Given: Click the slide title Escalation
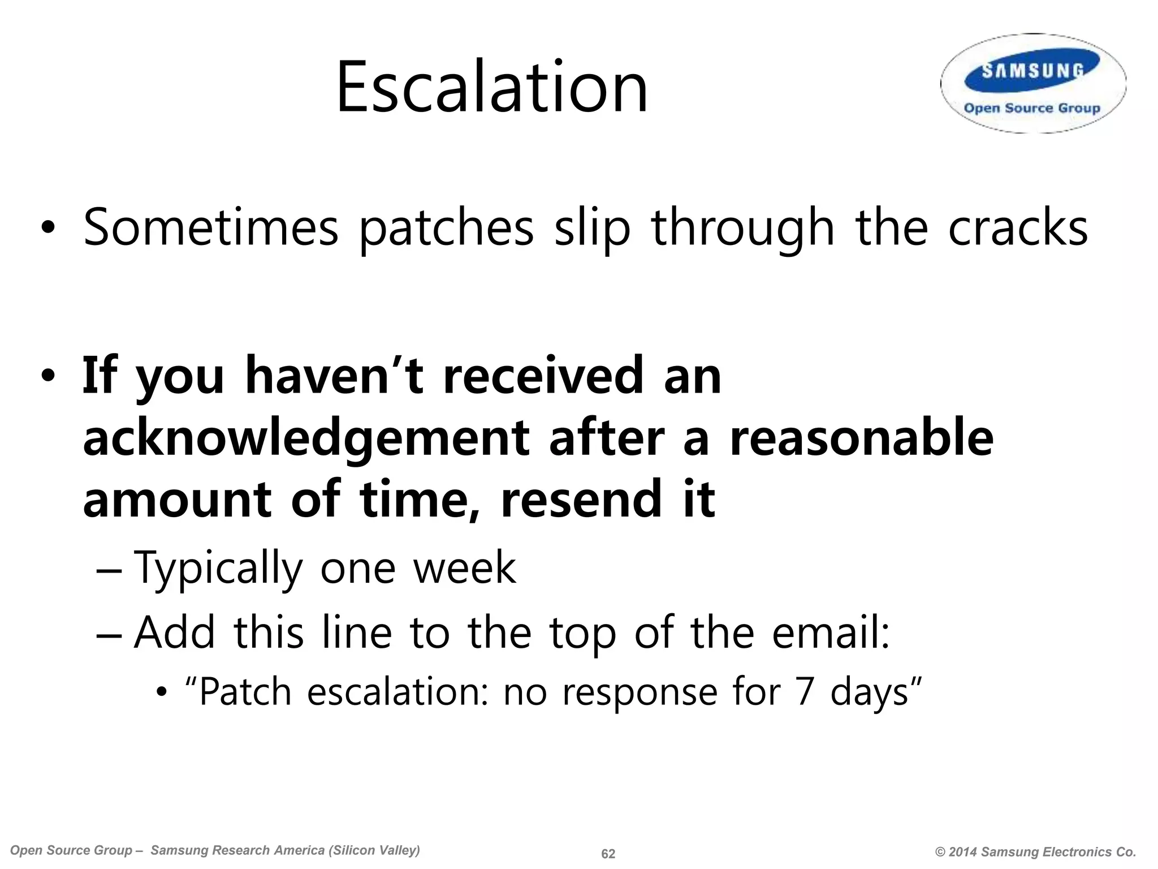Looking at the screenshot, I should [491, 88].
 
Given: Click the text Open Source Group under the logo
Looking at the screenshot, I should [1032, 108].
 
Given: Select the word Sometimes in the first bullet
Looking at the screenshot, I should [210, 227].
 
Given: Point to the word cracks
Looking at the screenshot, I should [1018, 227].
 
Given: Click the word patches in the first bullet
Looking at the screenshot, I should [447, 227].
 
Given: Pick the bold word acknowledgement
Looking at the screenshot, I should [306, 438].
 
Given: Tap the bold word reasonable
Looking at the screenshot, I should [861, 438].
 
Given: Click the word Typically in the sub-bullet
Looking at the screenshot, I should [218, 567].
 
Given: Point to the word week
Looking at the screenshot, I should [464, 567].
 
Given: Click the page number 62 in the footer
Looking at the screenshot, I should [608, 854].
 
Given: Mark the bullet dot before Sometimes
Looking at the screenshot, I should [47, 228].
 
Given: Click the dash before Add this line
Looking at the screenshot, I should [109, 633].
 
